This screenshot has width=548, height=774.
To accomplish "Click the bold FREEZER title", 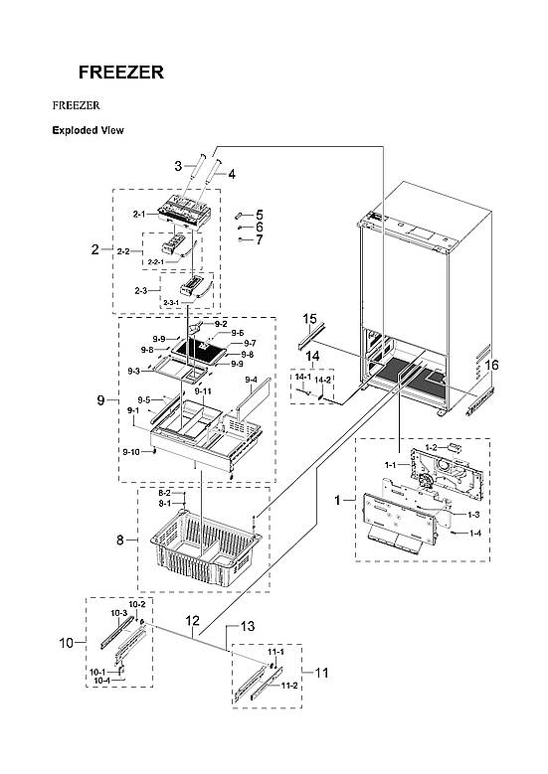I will [x=121, y=73].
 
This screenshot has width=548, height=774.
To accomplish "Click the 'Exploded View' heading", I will [x=88, y=130].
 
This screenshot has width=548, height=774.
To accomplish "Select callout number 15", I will [x=309, y=319].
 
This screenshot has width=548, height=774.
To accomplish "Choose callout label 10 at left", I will [x=66, y=643].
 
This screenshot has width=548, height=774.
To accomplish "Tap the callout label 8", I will [x=120, y=540].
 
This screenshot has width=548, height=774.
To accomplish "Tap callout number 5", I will [x=259, y=214].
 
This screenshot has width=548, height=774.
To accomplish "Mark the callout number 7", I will [x=259, y=239].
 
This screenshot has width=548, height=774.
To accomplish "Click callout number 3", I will [x=178, y=165].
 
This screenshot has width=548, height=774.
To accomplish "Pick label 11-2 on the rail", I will [x=288, y=685].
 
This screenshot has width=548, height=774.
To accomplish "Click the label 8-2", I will [x=165, y=493].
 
